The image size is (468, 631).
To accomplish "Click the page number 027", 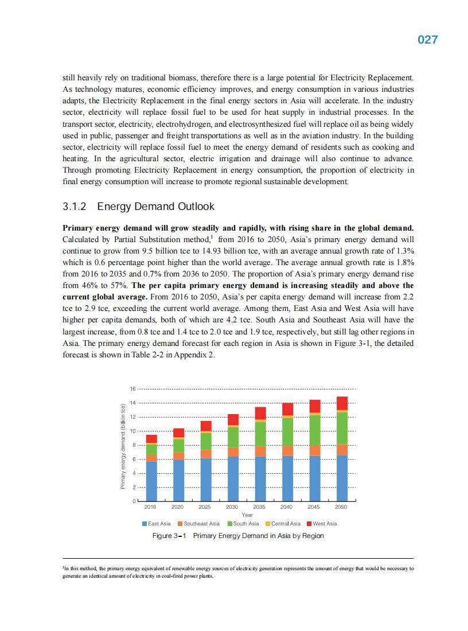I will click(x=427, y=40).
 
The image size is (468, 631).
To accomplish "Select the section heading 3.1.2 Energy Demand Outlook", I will click(x=138, y=207).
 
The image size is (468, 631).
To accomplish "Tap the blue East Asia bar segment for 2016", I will click(x=151, y=481).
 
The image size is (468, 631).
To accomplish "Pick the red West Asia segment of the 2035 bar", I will click(x=260, y=413).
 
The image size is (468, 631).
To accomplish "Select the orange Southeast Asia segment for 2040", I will click(x=287, y=450).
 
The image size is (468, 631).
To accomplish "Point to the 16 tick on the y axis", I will click(x=132, y=389).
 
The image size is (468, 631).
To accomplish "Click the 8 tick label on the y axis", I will click(x=132, y=445).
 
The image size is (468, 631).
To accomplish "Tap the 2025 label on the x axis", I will click(x=205, y=507).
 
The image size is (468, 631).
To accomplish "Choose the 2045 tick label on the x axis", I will click(x=314, y=507).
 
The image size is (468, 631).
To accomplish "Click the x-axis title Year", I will click(x=247, y=515).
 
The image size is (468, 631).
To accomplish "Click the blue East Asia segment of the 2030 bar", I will click(x=233, y=478).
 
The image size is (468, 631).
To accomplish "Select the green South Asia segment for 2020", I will click(x=178, y=446).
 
